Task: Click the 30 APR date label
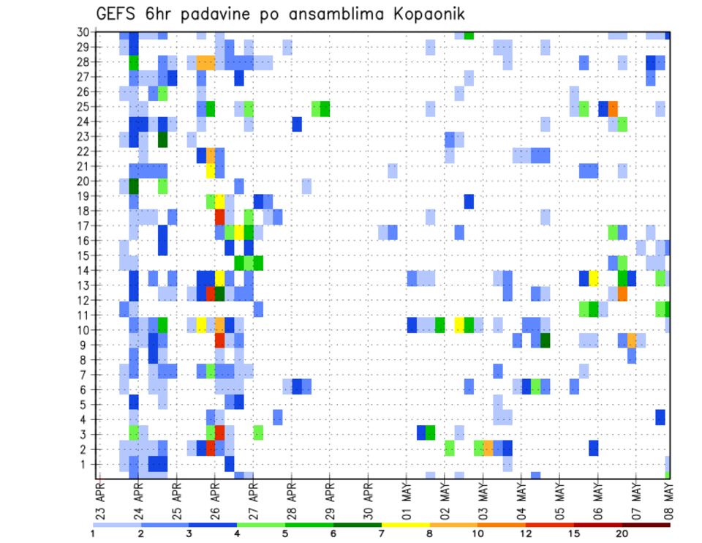click(x=369, y=495)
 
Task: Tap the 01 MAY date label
click(x=407, y=495)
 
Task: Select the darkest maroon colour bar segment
click(x=646, y=524)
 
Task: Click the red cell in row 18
click(x=219, y=217)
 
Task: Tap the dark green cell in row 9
click(x=545, y=340)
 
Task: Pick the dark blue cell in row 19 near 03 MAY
click(x=469, y=201)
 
